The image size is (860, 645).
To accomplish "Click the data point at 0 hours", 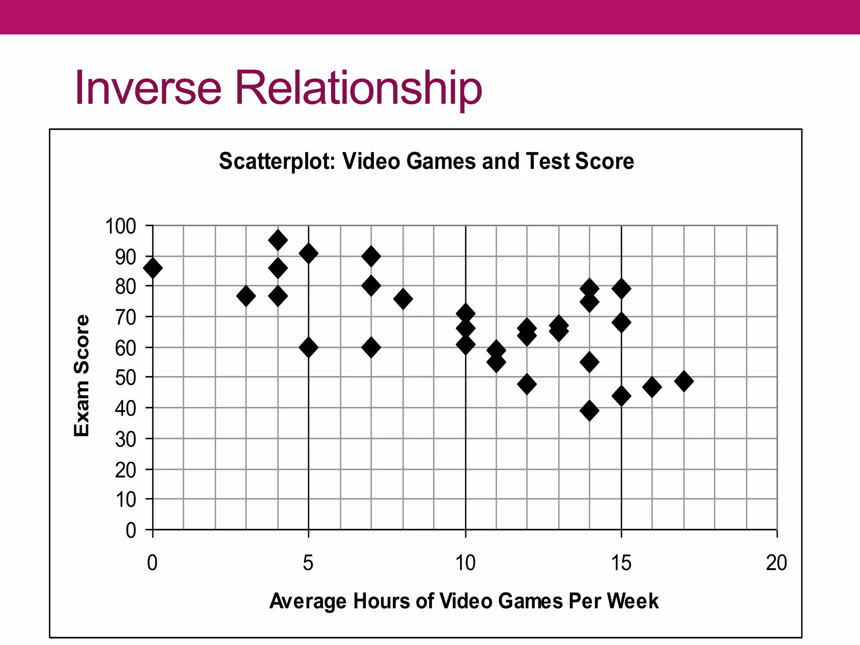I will pos(152,268).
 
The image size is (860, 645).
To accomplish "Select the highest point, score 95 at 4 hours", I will pos(278,240).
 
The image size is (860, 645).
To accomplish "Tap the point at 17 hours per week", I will pos(684,381).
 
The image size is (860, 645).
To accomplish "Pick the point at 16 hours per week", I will pos(652,387).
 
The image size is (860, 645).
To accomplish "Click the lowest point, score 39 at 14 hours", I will pos(590,411).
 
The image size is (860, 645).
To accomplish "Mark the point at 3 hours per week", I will pos(246,296).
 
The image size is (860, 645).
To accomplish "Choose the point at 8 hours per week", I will pos(403,299).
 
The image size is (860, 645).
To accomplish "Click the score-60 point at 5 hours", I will pos(309,348).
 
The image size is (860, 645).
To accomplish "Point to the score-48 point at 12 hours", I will pos(527,384).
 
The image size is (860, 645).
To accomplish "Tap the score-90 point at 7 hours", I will pos(371,256).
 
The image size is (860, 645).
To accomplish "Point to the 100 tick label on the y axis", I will pos(121,226).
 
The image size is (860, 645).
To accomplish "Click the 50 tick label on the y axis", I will pos(126,378).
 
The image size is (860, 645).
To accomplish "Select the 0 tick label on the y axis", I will pos(131,530).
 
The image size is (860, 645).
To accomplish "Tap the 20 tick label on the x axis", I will pos(776,563).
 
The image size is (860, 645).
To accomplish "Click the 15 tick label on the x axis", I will pos(621,563).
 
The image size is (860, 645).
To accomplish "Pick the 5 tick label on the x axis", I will pos(308,563).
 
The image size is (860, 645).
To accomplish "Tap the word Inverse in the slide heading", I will pos(148,88).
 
